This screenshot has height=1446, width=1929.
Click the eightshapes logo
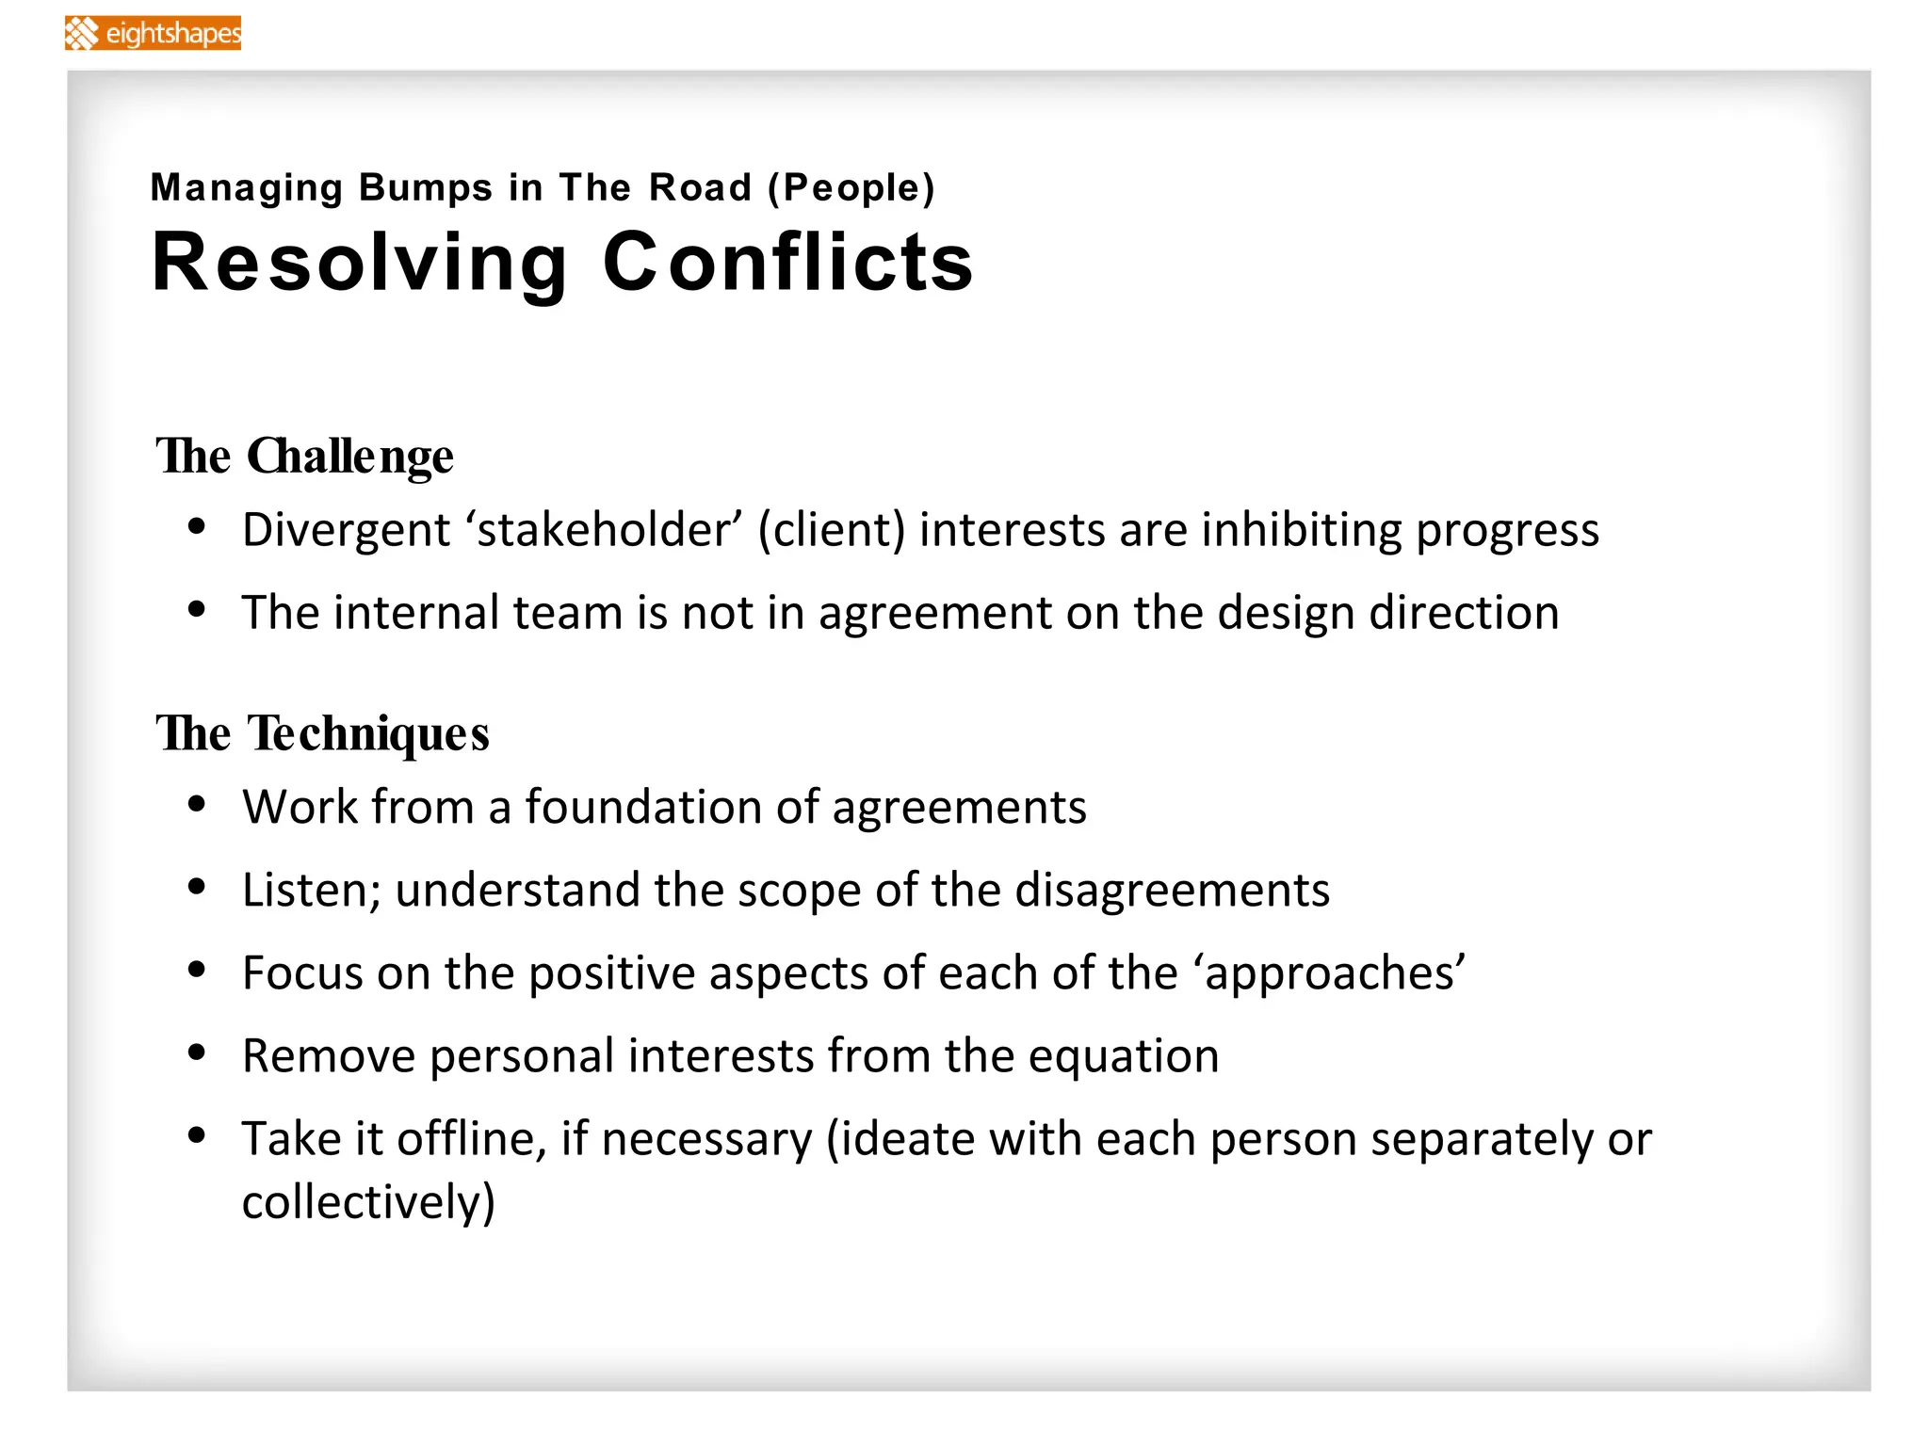click(154, 33)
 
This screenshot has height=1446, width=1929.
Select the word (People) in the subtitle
click(851, 187)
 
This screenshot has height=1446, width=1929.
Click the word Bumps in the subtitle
click(426, 187)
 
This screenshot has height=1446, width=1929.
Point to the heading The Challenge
click(304, 457)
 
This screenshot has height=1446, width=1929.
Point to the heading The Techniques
click(322, 733)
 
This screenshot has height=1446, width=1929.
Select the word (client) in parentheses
click(832, 530)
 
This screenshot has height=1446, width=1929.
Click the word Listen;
click(311, 891)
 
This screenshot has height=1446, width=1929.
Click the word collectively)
click(368, 1203)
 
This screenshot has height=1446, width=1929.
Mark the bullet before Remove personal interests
click(197, 1052)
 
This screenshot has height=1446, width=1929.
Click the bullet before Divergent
click(197, 526)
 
